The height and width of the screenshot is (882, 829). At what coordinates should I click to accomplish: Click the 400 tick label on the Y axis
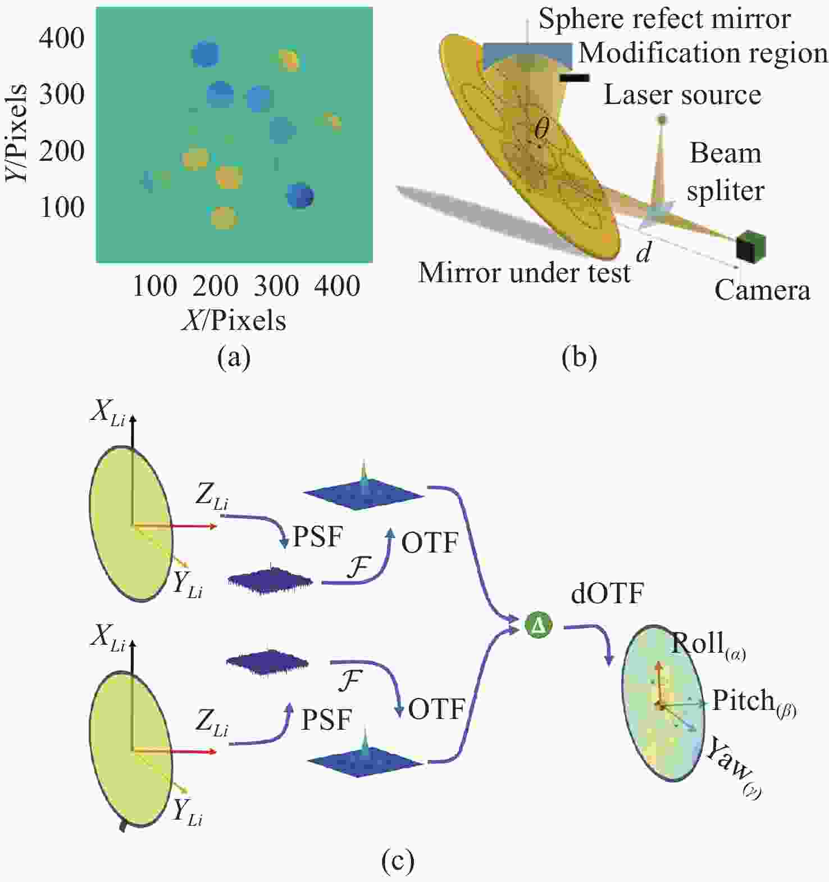[x=62, y=38]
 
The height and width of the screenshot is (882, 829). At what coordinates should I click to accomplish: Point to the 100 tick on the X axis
[x=155, y=286]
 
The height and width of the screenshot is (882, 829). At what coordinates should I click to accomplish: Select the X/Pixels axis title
[x=234, y=320]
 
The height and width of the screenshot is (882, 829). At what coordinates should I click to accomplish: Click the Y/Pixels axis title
[x=16, y=133]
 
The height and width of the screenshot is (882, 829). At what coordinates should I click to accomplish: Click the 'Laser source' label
[x=682, y=95]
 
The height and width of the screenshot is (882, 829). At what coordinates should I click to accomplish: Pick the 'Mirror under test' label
[x=525, y=273]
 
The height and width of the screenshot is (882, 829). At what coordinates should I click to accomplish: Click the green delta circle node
[x=539, y=625]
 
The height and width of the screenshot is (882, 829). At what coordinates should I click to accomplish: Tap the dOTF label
[x=607, y=594]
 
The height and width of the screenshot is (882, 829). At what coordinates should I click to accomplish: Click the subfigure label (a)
[x=234, y=357]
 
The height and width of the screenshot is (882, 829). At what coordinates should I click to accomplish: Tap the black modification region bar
[x=575, y=78]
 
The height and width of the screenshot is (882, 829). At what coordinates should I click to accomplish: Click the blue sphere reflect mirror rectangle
[x=527, y=56]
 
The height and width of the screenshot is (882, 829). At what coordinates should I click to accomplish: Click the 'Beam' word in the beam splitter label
[x=726, y=153]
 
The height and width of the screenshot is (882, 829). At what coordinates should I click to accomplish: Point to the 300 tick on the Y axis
[x=62, y=94]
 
